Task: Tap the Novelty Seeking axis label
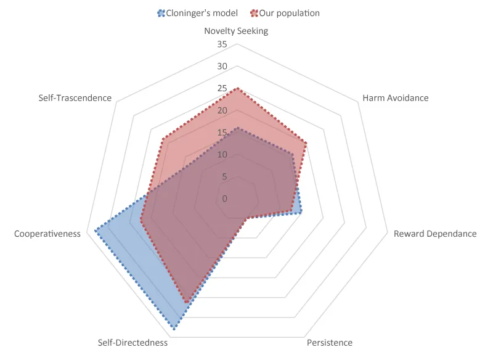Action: click(x=237, y=31)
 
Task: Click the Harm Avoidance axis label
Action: click(x=395, y=98)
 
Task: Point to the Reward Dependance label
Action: click(x=435, y=234)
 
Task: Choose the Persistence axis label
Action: click(x=330, y=343)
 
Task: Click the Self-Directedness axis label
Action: click(x=132, y=343)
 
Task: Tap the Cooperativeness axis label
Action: click(x=47, y=234)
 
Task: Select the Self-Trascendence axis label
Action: click(x=75, y=98)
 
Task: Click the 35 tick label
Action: click(x=222, y=44)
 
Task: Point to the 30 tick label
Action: click(x=222, y=67)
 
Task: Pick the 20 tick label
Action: click(x=222, y=111)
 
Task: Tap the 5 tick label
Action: click(x=224, y=177)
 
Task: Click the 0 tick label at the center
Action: click(x=224, y=199)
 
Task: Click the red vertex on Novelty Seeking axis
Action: click(x=237, y=89)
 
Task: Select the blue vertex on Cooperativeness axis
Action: click(x=96, y=231)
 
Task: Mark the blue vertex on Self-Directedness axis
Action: click(x=174, y=329)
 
